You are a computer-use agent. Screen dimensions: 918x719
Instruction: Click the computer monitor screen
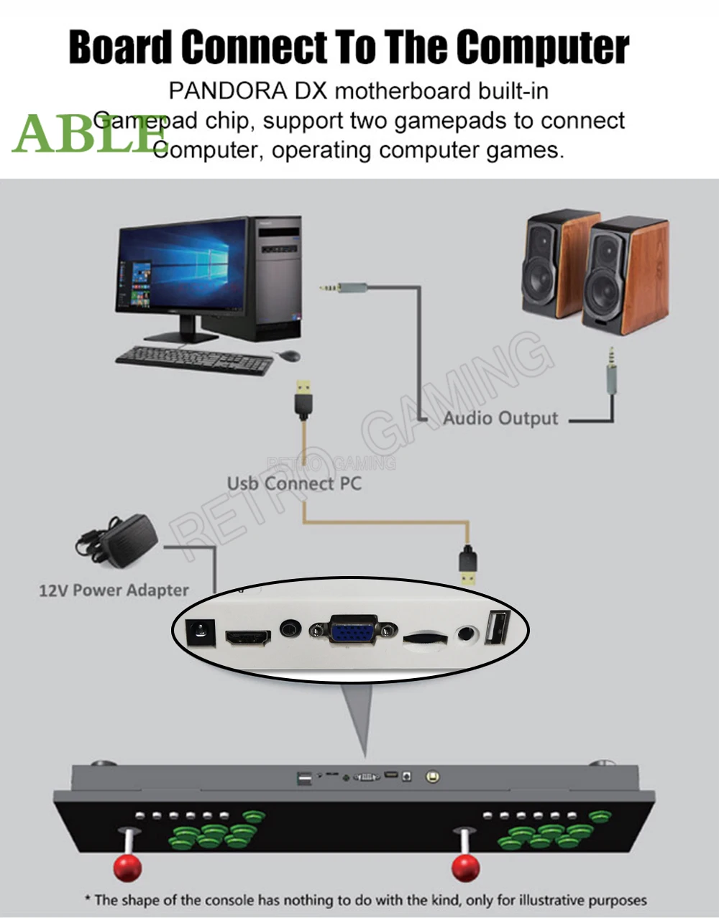click(181, 268)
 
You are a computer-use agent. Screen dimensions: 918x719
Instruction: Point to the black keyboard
click(194, 359)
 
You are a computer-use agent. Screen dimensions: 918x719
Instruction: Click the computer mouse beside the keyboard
click(288, 356)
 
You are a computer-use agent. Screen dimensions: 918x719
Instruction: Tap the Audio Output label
click(500, 418)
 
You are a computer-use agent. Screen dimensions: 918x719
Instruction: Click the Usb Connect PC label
click(294, 483)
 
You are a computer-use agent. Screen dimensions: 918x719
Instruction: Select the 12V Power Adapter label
click(114, 590)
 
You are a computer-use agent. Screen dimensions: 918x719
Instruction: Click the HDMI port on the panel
click(248, 636)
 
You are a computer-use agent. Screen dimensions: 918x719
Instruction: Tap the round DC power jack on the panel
click(198, 633)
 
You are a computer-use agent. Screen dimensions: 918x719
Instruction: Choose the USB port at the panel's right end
click(496, 627)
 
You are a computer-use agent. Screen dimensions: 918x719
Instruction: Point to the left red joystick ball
click(128, 867)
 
